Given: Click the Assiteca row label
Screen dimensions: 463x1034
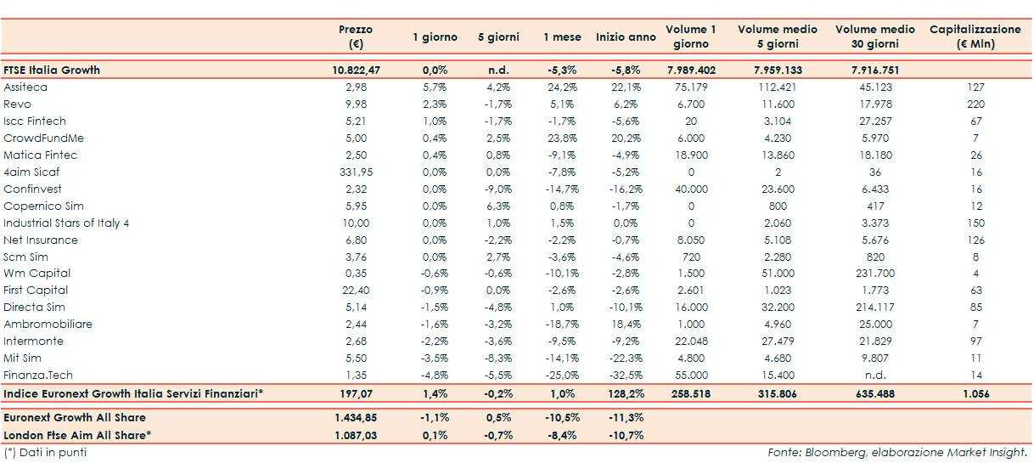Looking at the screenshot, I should click(x=25, y=88).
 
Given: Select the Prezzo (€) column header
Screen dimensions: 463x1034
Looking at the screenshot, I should click(x=356, y=37).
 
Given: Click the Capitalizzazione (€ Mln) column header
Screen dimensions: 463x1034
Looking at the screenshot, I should click(x=975, y=37).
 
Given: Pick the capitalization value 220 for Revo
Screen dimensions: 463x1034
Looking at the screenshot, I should click(x=975, y=104).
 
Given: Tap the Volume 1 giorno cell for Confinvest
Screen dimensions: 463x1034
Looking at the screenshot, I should click(x=690, y=189).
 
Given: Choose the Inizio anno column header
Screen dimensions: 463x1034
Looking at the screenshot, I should click(x=626, y=37).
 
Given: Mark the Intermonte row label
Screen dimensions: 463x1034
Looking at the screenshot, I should click(x=33, y=341).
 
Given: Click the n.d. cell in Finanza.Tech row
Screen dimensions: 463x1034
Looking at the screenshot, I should click(x=874, y=375).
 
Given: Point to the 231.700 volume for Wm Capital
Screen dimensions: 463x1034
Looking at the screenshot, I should click(x=874, y=274).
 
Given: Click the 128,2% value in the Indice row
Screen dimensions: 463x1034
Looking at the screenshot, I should click(x=626, y=394).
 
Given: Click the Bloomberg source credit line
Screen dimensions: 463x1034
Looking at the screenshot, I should click(x=897, y=453).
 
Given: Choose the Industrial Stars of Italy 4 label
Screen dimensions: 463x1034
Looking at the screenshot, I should click(x=66, y=223).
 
